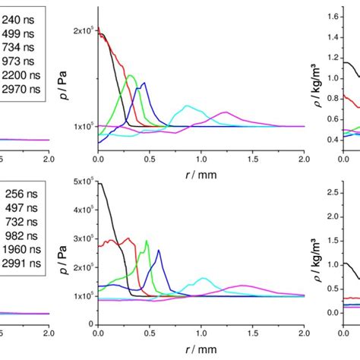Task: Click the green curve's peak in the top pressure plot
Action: point(130,75)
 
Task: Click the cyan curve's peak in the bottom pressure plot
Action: point(202,279)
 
